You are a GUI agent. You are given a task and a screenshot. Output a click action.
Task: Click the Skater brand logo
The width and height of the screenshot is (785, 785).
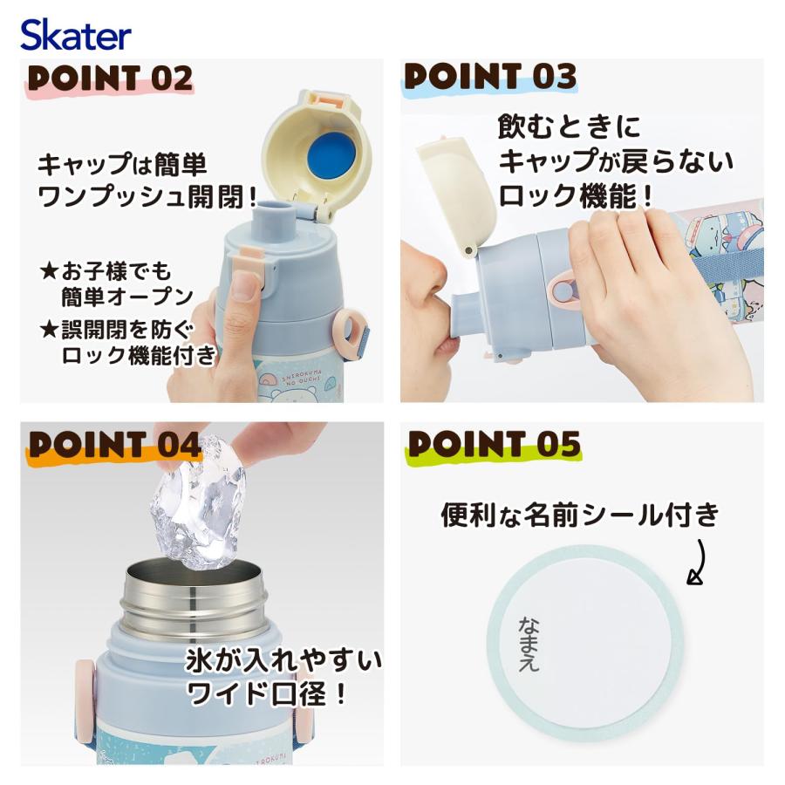(x=76, y=35)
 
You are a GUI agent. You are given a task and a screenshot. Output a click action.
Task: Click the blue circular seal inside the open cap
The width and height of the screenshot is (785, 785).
(x=322, y=148)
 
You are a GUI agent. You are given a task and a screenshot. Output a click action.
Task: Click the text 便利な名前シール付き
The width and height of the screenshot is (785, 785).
(x=579, y=515)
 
